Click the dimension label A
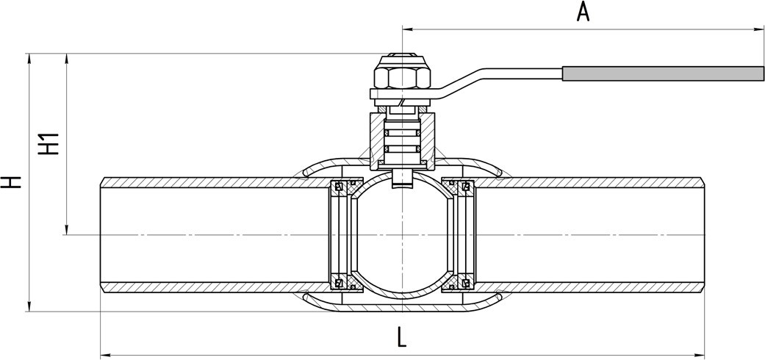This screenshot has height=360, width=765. [583, 12]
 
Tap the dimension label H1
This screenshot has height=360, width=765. [49, 144]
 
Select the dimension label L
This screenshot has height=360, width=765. [401, 337]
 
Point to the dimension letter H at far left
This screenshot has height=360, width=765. [11, 181]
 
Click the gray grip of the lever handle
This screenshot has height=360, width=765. [663, 73]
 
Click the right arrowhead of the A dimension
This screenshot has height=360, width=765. [758, 29]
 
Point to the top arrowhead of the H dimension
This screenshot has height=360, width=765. [29, 59]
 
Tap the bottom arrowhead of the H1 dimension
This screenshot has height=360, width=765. [67, 229]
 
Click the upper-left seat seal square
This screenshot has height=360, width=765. [337, 186]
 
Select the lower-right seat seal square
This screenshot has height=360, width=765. [465, 283]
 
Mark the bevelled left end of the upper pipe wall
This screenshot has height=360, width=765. [103, 182]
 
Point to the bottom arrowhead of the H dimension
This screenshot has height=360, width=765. [29, 306]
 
